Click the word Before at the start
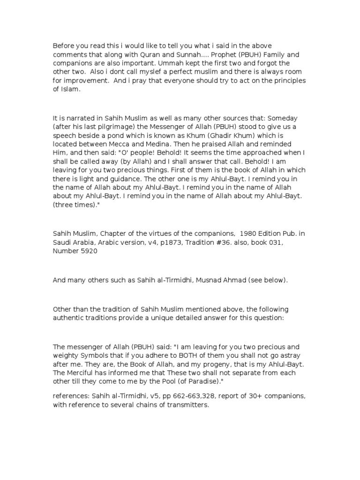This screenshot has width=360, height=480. point(63,46)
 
